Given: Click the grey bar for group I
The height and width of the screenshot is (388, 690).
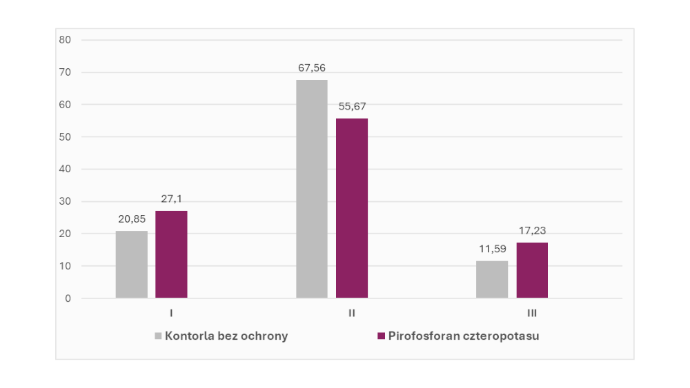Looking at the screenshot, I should pyautogui.click(x=131, y=265).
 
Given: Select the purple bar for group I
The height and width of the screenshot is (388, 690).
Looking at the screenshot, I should pyautogui.click(x=171, y=254).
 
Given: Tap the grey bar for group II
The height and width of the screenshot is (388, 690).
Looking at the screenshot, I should pyautogui.click(x=312, y=189).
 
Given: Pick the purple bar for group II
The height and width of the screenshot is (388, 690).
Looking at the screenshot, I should pyautogui.click(x=352, y=208).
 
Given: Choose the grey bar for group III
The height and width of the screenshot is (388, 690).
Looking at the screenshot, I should pyautogui.click(x=492, y=279).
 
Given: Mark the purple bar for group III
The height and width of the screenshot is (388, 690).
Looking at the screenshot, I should pyautogui.click(x=532, y=270).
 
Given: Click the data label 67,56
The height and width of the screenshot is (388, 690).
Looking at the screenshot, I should pyautogui.click(x=312, y=68).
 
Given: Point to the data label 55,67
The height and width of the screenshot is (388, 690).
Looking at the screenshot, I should pyautogui.click(x=352, y=106).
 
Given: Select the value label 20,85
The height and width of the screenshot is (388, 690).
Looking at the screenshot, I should pyautogui.click(x=131, y=218).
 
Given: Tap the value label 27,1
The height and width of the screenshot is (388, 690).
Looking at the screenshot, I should pyautogui.click(x=171, y=198).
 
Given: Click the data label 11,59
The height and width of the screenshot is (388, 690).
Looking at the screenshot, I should pyautogui.click(x=492, y=249).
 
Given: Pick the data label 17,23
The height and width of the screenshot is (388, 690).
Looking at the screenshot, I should pyautogui.click(x=532, y=231).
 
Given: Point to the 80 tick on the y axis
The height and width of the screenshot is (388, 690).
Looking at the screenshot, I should pyautogui.click(x=66, y=40).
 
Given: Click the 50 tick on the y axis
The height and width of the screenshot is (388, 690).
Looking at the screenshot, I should pyautogui.click(x=66, y=137).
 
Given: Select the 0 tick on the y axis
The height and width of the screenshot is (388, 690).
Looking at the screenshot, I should pyautogui.click(x=68, y=298).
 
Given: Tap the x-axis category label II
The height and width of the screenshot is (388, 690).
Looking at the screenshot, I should pyautogui.click(x=352, y=314).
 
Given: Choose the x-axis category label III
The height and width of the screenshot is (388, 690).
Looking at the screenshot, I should pyautogui.click(x=532, y=314).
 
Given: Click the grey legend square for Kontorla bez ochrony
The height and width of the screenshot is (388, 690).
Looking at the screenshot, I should pyautogui.click(x=158, y=336).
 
